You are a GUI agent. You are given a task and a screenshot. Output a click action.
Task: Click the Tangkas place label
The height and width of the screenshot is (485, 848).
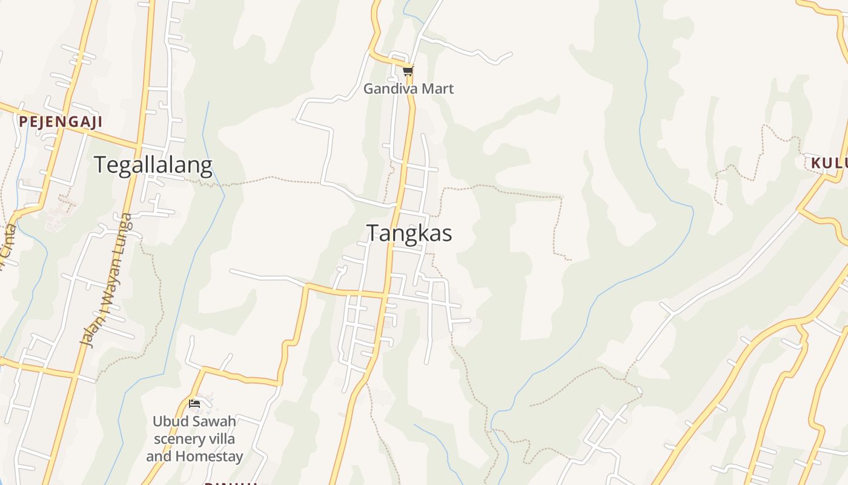[x=409, y=233]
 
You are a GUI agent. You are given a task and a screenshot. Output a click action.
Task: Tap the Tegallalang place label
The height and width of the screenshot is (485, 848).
[x=153, y=165]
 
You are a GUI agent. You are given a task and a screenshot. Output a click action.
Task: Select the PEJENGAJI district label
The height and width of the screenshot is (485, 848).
[x=60, y=122]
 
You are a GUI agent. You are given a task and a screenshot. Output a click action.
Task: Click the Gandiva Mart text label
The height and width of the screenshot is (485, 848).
[x=408, y=89]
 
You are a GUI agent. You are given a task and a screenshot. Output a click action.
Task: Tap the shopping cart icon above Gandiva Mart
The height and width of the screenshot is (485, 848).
[x=408, y=71]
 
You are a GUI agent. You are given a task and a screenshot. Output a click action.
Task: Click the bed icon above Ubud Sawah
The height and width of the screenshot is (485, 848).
[x=194, y=403]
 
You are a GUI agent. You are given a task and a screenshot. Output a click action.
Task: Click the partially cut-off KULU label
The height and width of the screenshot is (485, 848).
[x=829, y=163]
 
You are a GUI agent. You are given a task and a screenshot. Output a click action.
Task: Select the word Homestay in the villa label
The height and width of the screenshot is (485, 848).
[x=212, y=456]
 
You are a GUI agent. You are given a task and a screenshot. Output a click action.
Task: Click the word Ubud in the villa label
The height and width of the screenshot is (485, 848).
[x=168, y=421]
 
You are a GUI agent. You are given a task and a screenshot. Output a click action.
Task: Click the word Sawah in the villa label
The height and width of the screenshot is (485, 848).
[x=211, y=421]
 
